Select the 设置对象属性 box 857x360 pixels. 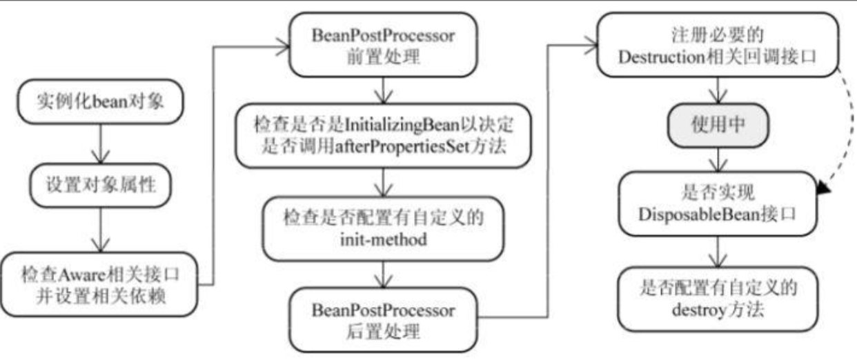tap(101, 186)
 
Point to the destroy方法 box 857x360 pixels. tap(717, 299)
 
